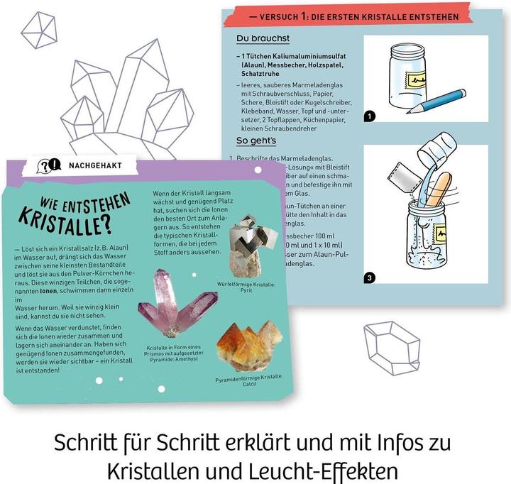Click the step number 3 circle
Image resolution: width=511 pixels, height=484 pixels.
click(368, 277)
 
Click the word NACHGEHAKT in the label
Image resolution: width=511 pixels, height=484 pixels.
click(96, 165)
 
